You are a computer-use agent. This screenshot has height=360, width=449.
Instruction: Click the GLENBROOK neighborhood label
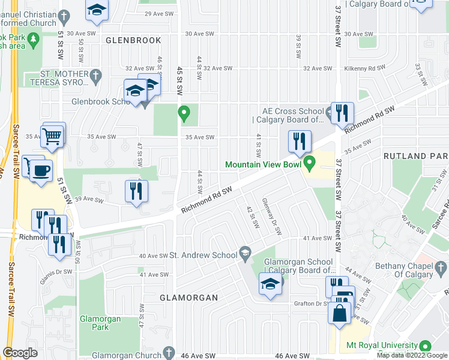[133, 40]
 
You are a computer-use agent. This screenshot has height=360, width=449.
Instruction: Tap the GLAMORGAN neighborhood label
[188, 298]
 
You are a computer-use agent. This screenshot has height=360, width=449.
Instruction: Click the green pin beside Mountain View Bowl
[310, 162]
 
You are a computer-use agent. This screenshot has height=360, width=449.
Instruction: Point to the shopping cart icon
[52, 136]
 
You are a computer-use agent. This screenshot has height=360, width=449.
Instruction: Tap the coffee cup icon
[41, 170]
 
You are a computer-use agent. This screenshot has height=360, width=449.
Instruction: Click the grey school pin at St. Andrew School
[245, 254]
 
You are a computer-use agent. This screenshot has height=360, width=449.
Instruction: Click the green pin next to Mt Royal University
[426, 346]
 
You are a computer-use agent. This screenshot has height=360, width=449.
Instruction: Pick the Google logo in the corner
[20, 353]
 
